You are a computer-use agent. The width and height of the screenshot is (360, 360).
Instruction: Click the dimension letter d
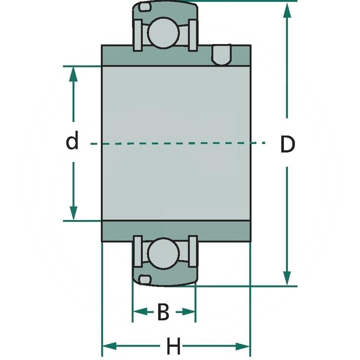pos(72,142)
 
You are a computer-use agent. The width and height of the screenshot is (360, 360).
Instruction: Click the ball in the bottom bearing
pos(163,253)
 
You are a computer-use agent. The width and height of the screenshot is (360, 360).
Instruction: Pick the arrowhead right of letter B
pos(187,311)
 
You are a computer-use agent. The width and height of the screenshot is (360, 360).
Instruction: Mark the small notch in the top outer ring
pos(144,8)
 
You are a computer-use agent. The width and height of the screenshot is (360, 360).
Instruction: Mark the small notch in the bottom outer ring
pos(144,279)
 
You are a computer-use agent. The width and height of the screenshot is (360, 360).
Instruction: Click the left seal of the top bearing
pos(138,35)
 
